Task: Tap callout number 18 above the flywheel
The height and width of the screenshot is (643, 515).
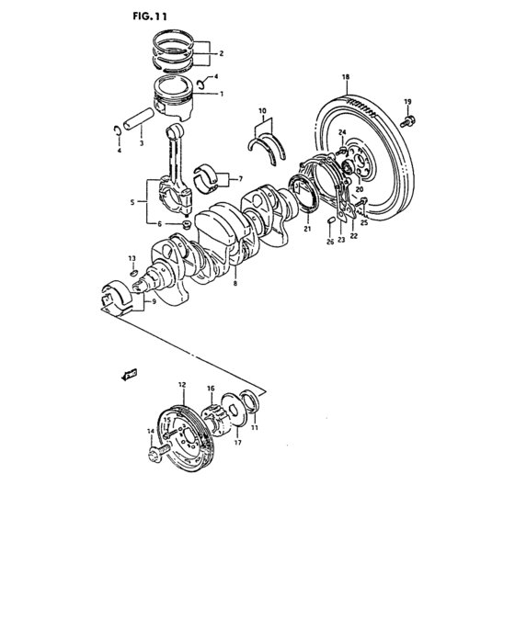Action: point(346,77)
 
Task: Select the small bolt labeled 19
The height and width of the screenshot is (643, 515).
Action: point(409,118)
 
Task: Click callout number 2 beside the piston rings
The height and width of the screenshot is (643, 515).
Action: point(220,53)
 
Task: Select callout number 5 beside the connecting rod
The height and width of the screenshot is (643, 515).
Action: point(133,201)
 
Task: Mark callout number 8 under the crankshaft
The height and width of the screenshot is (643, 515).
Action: point(235,286)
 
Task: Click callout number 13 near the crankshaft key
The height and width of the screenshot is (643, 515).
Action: point(131,258)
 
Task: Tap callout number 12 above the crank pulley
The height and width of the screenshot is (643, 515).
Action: point(182,383)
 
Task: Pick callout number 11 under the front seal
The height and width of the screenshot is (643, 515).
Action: point(256,428)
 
